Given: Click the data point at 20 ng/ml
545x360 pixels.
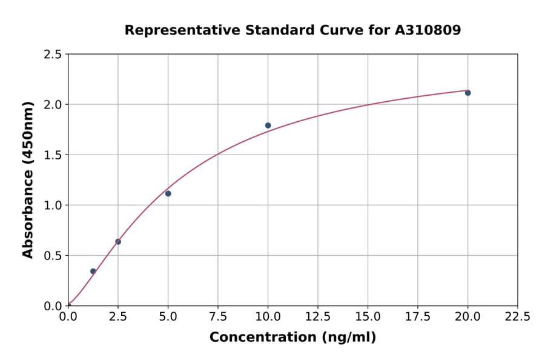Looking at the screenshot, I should click(467, 93).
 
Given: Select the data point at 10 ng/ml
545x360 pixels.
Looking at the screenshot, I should click(268, 125).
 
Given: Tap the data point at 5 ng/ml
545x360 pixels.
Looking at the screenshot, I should click(168, 193).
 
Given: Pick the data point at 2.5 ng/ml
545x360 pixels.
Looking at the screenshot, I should click(118, 242).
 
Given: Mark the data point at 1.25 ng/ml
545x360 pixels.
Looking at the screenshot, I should click(93, 271).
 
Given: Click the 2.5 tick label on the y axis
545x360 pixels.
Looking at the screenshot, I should click(53, 55).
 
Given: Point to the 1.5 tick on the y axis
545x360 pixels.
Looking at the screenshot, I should click(53, 155).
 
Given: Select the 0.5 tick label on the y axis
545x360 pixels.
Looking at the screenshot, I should click(53, 256).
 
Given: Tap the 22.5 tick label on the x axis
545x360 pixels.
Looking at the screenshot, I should click(517, 317).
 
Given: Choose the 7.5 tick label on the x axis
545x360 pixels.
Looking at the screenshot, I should click(218, 317).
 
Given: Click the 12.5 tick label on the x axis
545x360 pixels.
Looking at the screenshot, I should click(318, 317).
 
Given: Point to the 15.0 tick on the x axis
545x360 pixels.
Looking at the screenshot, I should click(368, 317).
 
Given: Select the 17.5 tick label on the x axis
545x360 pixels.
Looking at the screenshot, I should click(418, 317).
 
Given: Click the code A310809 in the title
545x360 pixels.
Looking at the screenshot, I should click(428, 30).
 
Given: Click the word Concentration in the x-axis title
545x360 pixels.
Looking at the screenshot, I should click(263, 338).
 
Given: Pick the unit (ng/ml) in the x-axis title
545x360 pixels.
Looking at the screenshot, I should click(349, 338).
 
